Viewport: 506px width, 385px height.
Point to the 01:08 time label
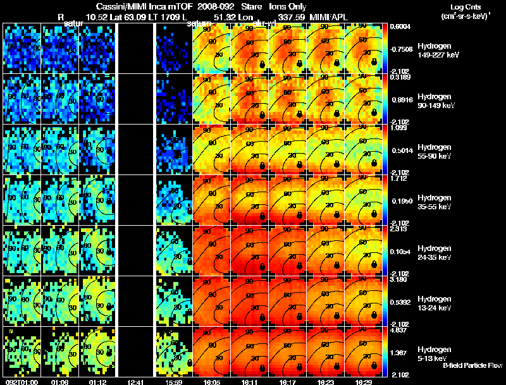59,382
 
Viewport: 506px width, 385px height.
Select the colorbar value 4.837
397,329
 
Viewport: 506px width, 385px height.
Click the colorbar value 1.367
398,351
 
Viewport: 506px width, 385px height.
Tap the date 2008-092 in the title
209,6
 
